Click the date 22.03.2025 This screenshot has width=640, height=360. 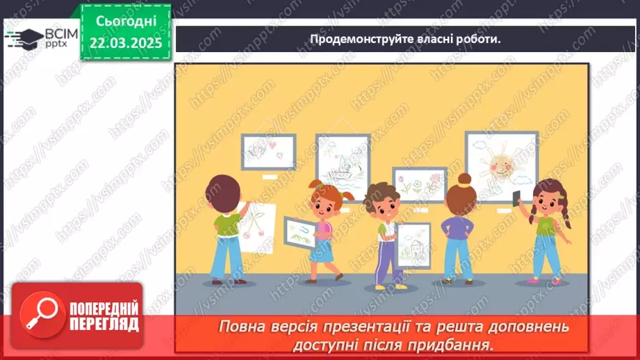click(x=126, y=44)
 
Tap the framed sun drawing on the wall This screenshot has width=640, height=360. click(x=501, y=165)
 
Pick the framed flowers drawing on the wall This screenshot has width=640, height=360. click(x=419, y=185)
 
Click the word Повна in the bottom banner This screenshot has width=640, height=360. click(x=243, y=326)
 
